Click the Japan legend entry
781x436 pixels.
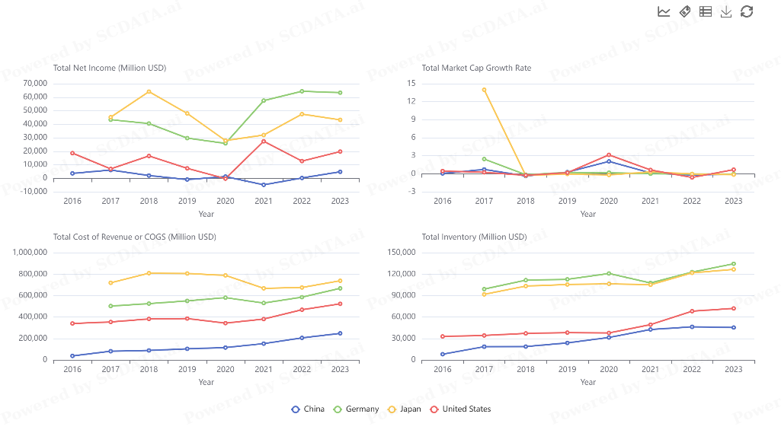405,409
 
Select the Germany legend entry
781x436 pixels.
356,409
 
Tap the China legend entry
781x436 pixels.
308,409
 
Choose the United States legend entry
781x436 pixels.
460,409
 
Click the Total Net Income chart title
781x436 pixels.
110,68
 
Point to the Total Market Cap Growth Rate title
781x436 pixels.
476,68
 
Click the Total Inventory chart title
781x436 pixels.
474,237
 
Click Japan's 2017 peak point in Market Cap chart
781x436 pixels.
484,90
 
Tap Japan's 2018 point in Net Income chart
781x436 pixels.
149,91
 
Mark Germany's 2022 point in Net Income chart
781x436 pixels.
302,91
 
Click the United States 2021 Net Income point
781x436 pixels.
264,141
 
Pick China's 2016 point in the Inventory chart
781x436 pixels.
442,354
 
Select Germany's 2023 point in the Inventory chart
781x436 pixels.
733,264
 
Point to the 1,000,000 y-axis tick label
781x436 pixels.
29,253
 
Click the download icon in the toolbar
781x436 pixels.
726,11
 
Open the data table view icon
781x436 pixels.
706,11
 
